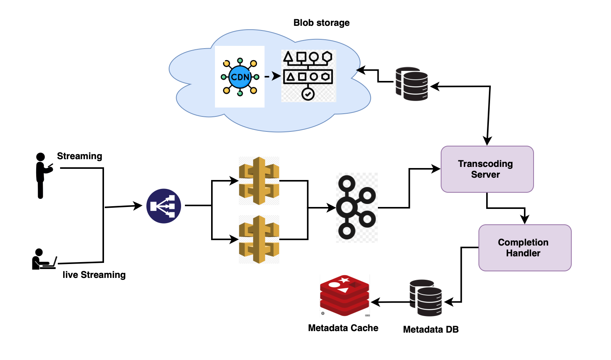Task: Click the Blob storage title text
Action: [x=321, y=23]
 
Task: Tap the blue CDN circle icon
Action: [x=240, y=77]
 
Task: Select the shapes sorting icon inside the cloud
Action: [x=308, y=76]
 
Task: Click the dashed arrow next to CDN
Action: [x=272, y=76]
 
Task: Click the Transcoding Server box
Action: [x=487, y=169]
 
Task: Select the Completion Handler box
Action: [x=525, y=248]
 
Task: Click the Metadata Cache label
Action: [x=343, y=328]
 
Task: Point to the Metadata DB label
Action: [x=431, y=330]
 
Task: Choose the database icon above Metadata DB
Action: [x=425, y=298]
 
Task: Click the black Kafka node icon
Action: [x=356, y=207]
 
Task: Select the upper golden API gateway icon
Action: [x=259, y=181]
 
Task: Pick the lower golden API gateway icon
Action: [x=259, y=239]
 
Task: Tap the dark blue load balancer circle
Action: [x=164, y=206]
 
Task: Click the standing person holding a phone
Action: [x=42, y=175]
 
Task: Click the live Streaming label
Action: [x=94, y=275]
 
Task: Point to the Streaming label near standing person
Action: [x=79, y=156]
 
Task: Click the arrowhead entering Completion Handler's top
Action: [x=524, y=220]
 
